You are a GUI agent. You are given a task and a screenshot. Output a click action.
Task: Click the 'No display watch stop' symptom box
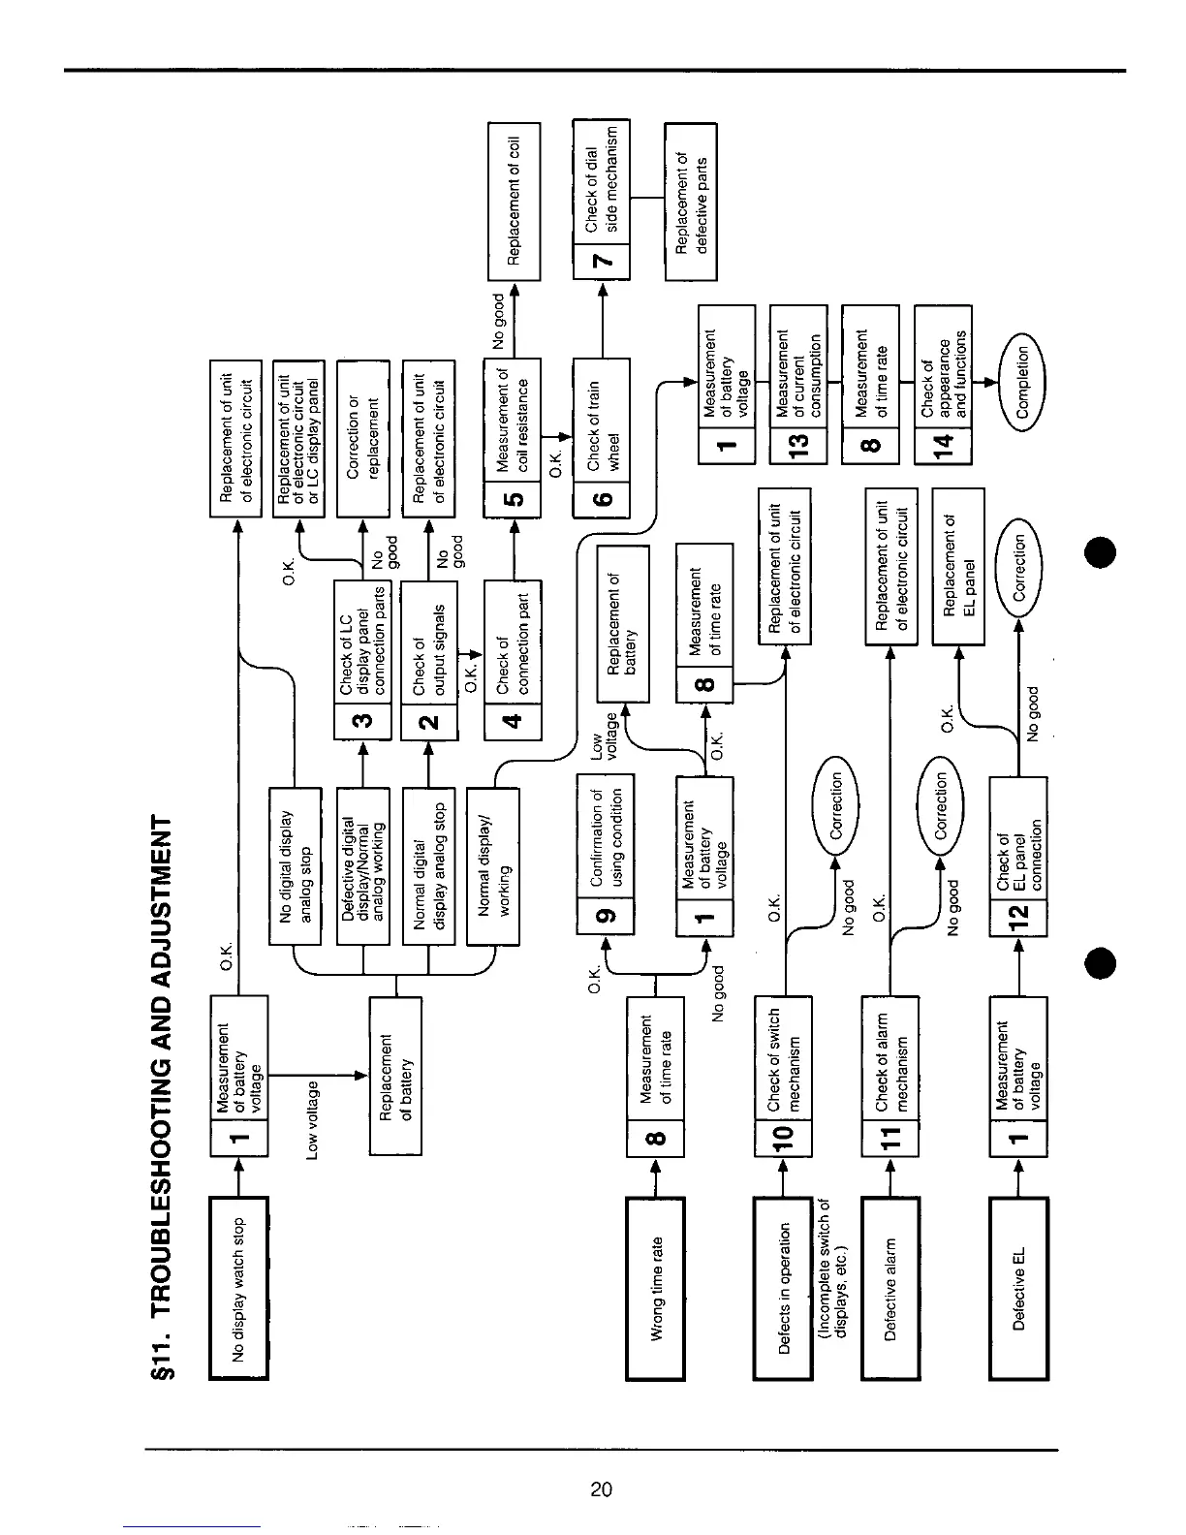pos(238,1287)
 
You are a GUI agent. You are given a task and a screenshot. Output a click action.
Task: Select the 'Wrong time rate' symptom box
pos(655,1287)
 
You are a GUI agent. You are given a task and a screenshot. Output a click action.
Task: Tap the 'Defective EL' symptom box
pos(1018,1287)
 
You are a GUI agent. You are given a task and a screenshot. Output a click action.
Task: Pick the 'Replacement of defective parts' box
pos(691,201)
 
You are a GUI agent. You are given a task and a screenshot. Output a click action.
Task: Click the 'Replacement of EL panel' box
pos(958,566)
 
